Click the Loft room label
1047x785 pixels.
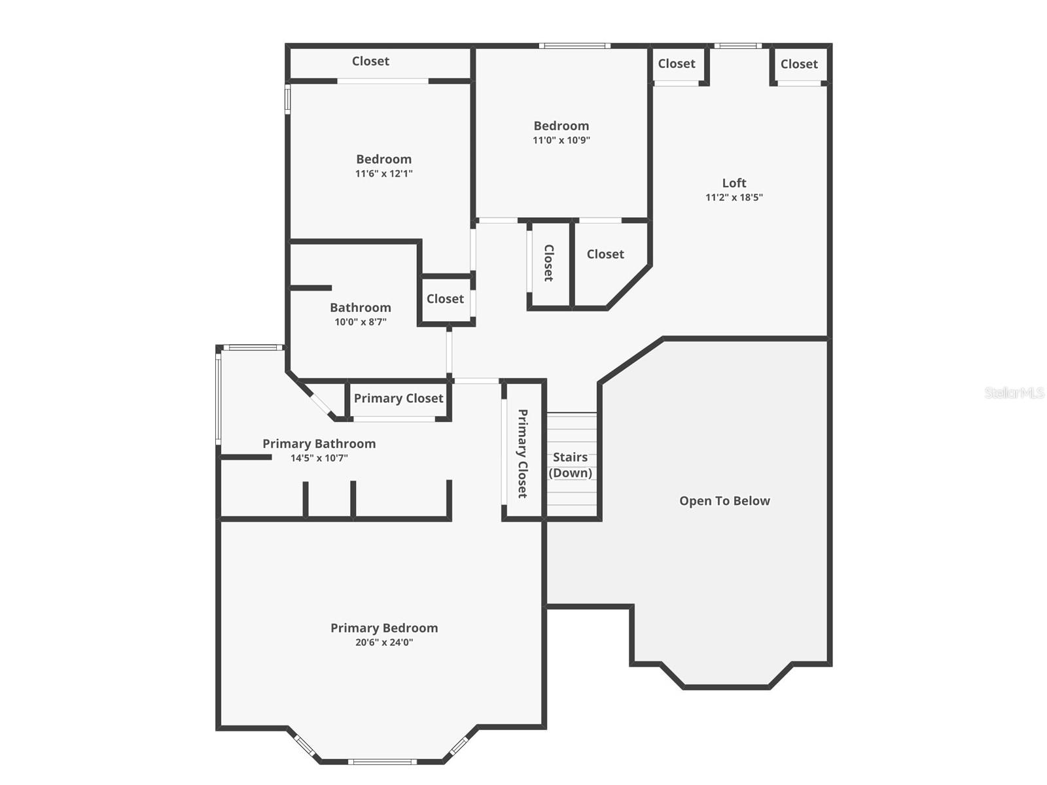pos(734,183)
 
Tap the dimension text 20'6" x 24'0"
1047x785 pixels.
pos(384,642)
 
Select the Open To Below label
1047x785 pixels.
pos(724,501)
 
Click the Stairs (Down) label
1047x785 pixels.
pos(571,465)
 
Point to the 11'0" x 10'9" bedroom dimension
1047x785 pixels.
pos(561,140)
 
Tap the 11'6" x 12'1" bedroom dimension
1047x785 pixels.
pos(384,173)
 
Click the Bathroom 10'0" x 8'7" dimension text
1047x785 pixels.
pos(361,322)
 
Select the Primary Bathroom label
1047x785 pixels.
pos(319,444)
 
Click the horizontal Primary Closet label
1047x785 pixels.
pos(399,398)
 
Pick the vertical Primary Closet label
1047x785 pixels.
pos(523,453)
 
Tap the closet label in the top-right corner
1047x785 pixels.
pos(799,64)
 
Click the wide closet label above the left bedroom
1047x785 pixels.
pos(370,61)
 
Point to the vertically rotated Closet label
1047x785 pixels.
pos(549,263)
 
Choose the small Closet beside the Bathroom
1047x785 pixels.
pos(445,299)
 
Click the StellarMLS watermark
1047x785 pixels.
pos(1014,392)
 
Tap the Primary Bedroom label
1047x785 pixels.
pos(384,628)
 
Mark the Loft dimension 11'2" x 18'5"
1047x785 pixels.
pos(734,198)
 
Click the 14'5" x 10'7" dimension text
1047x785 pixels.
pos(319,458)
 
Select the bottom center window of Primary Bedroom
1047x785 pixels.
pos(382,761)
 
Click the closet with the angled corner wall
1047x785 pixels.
pos(605,254)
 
